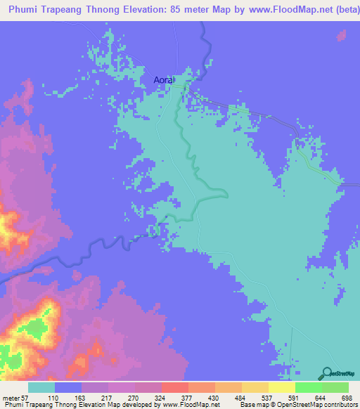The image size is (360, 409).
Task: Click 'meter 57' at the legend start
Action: point(16,397)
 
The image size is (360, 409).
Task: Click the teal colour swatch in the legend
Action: point(41,387)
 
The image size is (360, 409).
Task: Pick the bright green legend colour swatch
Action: point(308,387)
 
